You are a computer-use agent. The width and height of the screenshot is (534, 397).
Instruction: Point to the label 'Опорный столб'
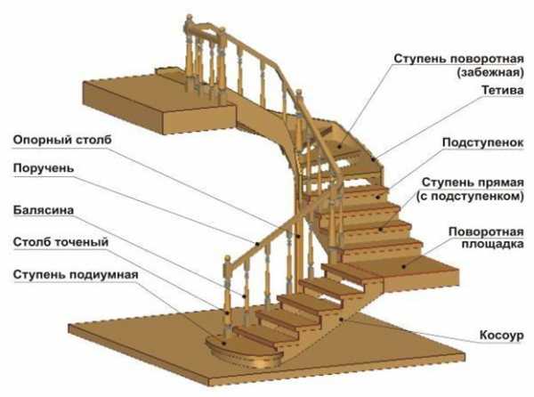pyautogui.click(x=56, y=141)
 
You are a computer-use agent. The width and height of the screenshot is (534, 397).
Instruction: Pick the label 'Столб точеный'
pyautogui.click(x=61, y=241)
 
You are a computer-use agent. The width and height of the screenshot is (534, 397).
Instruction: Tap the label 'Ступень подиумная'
pyautogui.click(x=76, y=272)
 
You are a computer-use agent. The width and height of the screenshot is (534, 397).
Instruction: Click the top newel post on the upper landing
pyautogui.click(x=188, y=53)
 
